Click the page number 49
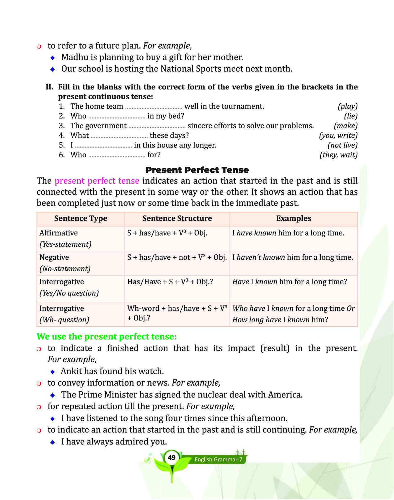tap(171, 457)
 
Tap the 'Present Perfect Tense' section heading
tap(197, 170)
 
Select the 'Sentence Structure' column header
tap(177, 218)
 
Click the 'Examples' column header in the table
tap(294, 218)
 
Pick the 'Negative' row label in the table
tap(54, 257)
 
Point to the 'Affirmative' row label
tap(58, 233)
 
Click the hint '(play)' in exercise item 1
tap(348, 106)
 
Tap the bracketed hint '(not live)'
tap(342, 145)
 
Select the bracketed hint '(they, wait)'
tap(338, 155)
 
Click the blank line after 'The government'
tap(157, 127)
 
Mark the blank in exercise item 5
tap(103, 147)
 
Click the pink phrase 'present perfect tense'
tap(97, 181)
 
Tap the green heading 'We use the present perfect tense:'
tap(107, 336)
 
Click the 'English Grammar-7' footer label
tap(218, 460)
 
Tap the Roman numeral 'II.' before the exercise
tap(50, 87)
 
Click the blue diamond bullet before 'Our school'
tap(53, 69)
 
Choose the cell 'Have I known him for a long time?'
tap(289, 282)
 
